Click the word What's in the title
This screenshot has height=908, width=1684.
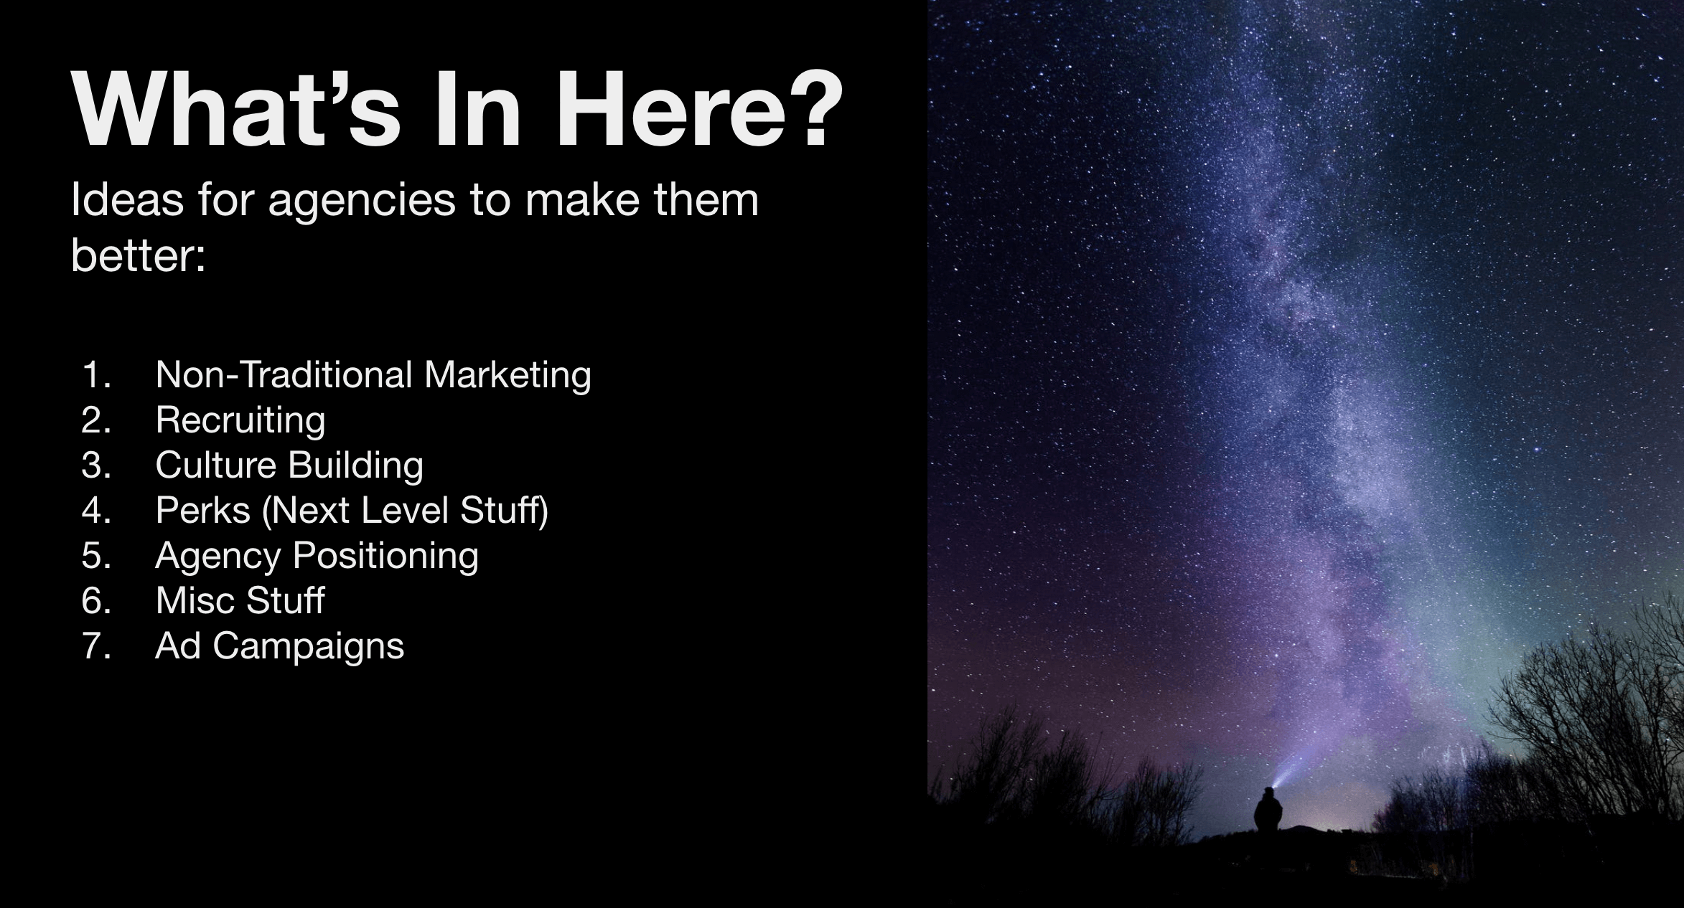(237, 109)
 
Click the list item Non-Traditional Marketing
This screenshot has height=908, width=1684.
(373, 375)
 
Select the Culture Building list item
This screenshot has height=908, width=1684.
(289, 465)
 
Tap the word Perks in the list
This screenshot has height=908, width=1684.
(203, 511)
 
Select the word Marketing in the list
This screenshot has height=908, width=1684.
(507, 375)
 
